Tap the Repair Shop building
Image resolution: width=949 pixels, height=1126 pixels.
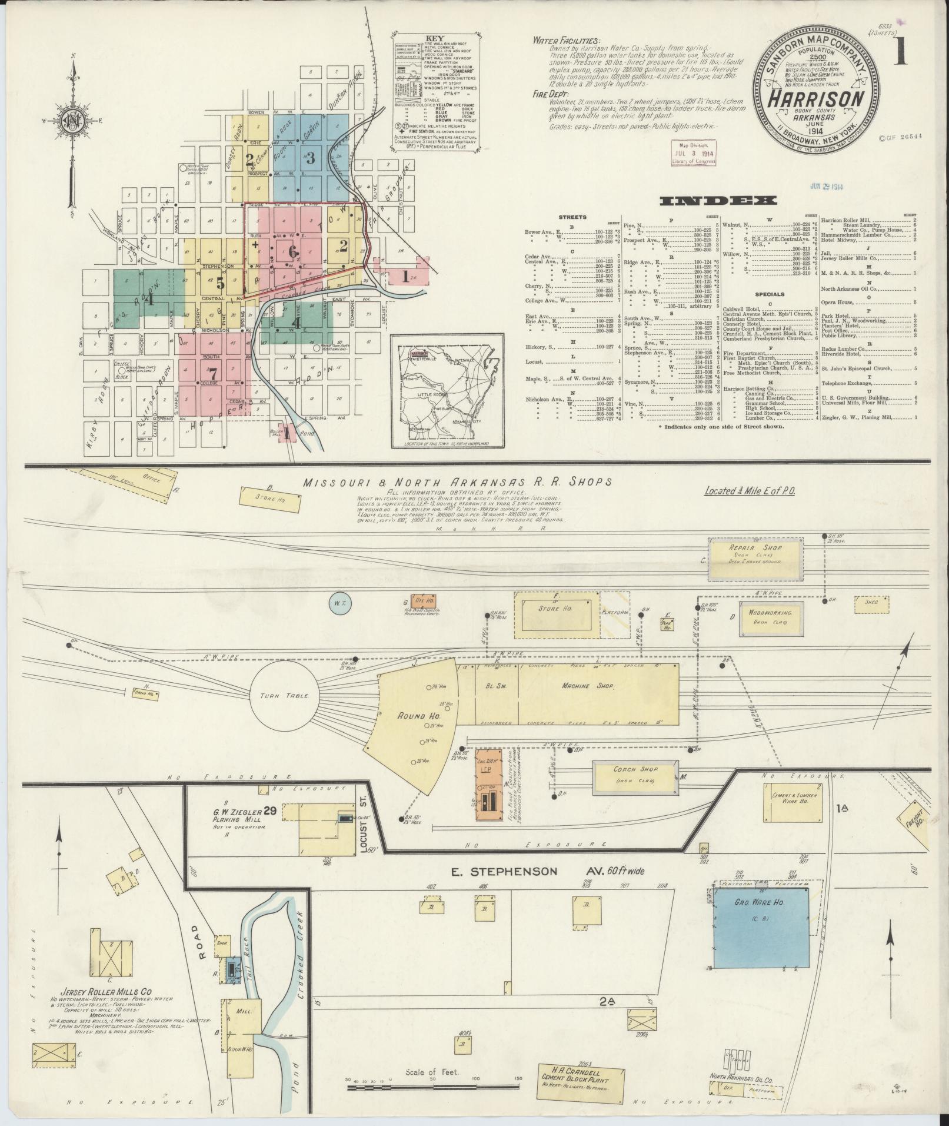755,556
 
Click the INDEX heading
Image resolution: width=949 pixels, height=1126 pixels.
717,201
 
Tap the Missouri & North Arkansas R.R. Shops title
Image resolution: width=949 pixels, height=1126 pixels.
457,482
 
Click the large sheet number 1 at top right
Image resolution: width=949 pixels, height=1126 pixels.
901,54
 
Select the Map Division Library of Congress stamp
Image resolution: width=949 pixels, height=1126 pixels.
694,152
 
